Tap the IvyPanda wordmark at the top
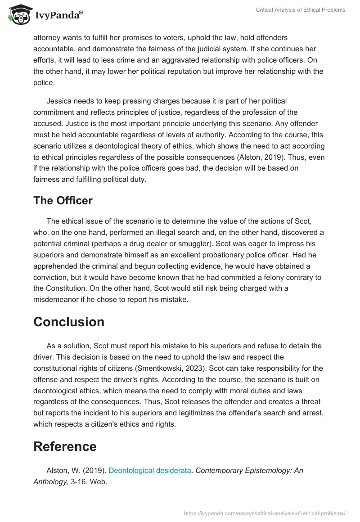click(58, 15)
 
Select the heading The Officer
click(63, 201)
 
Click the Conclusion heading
click(69, 322)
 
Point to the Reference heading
click(65, 446)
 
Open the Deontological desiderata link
click(150, 470)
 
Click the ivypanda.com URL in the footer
click(265, 513)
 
